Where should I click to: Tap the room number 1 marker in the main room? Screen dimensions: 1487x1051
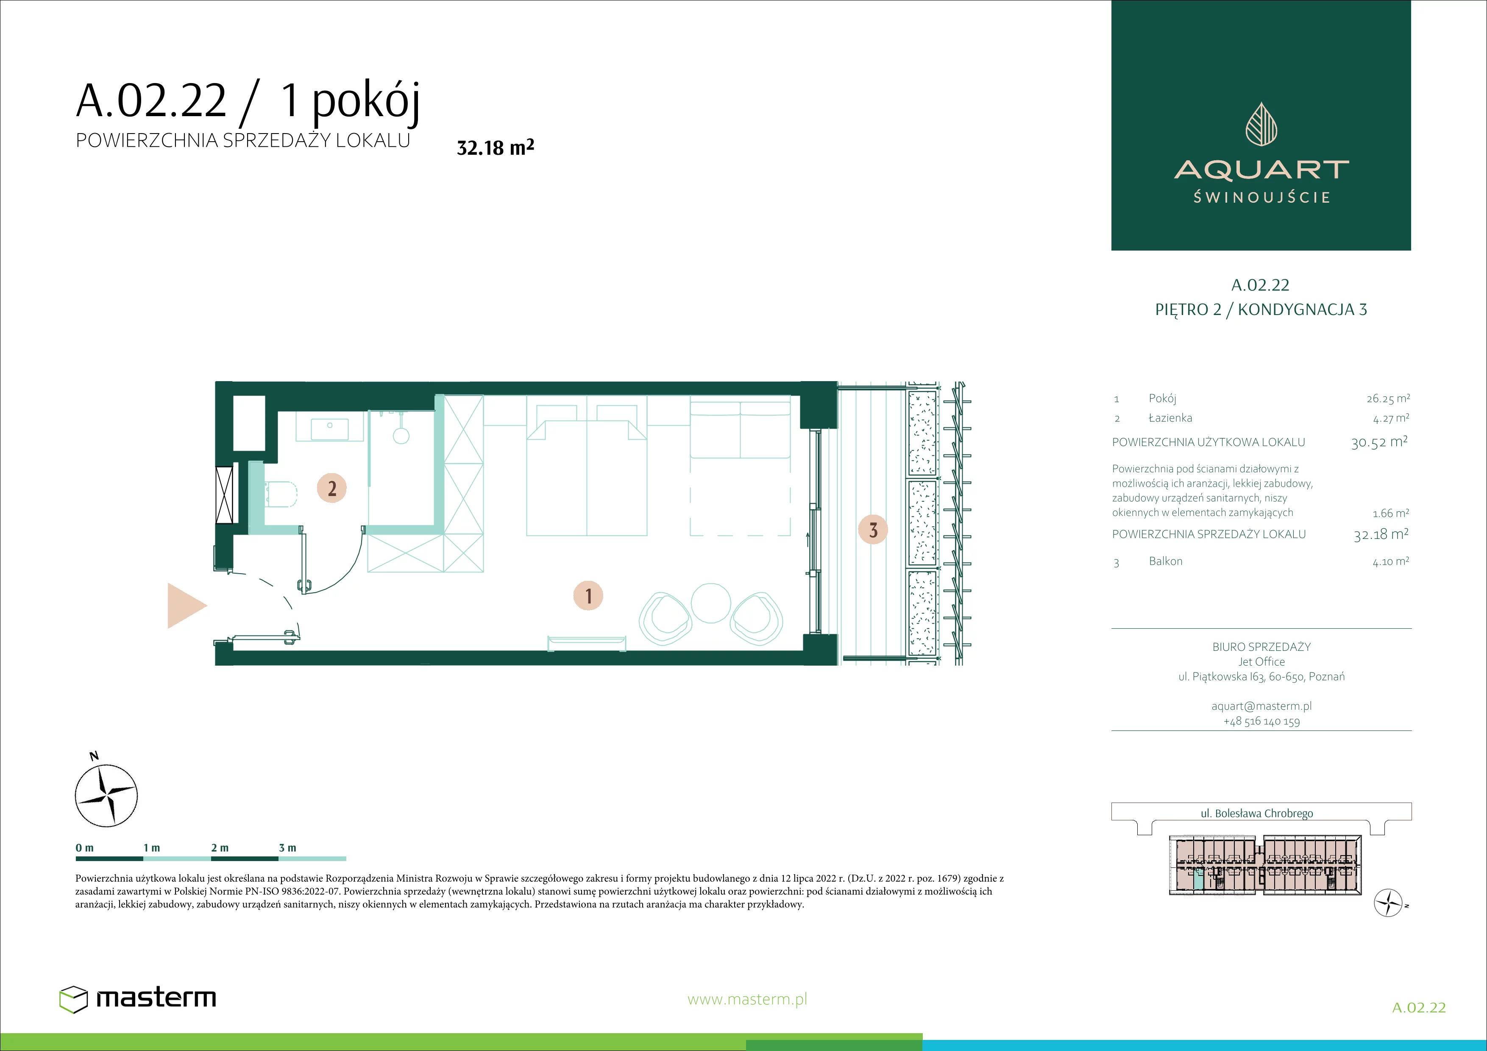(588, 596)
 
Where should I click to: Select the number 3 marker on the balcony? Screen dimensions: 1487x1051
(873, 530)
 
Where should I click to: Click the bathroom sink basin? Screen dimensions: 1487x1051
(330, 429)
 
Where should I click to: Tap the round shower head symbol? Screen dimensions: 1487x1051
(401, 435)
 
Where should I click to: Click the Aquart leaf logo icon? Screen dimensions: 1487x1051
(1261, 124)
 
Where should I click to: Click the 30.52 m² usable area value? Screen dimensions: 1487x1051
(1379, 442)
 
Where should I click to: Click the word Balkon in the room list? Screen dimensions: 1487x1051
(1165, 561)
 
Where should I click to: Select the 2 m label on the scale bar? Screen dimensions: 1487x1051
(220, 847)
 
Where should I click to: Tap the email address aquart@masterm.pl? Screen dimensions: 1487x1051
(1261, 706)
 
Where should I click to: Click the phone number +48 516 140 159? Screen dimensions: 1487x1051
(1261, 722)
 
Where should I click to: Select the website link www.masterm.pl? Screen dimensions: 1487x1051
(747, 999)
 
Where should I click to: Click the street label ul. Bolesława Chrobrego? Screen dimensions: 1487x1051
(1256, 813)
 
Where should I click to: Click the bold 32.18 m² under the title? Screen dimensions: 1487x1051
(496, 147)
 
